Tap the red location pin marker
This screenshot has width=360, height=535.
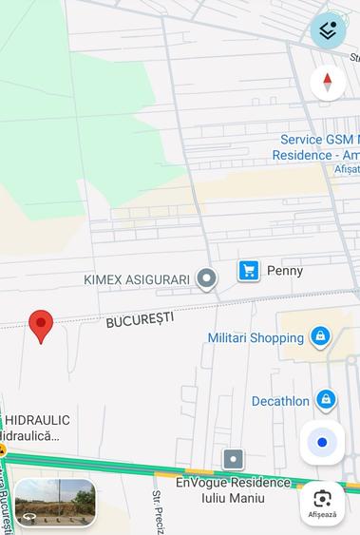(40, 324)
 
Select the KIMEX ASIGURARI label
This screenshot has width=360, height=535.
(137, 279)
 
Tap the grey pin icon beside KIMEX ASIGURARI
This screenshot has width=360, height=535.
(206, 278)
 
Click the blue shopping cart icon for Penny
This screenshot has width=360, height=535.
(249, 271)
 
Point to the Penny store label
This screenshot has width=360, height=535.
(285, 271)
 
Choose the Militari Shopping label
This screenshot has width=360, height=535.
(256, 337)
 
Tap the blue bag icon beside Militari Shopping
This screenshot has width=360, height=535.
(320, 336)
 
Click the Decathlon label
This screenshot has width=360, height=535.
(280, 401)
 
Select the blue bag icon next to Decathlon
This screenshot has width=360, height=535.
(326, 400)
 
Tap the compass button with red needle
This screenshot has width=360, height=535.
(328, 83)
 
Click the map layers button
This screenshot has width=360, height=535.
(328, 30)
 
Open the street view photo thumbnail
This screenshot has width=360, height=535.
(55, 502)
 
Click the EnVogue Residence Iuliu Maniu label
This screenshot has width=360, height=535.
(233, 489)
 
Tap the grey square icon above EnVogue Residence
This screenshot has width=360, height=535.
(234, 460)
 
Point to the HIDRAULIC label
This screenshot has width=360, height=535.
(38, 420)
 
